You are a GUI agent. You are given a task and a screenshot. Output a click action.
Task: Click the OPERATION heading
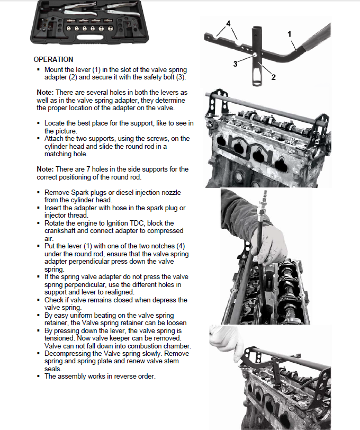coord(53,59)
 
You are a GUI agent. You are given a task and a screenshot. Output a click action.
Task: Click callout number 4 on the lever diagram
coord(228,24)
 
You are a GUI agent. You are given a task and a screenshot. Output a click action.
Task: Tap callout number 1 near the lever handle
coord(290,33)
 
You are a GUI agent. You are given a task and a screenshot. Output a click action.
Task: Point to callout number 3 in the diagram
coord(235,64)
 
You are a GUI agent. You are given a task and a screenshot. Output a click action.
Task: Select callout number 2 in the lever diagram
coord(273,77)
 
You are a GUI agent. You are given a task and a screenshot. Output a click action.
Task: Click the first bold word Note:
coord(45,92)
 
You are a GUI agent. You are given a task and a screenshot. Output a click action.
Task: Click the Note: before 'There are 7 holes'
coord(45,169)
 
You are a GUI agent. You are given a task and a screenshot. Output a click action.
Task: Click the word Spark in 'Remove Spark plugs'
coord(79,192)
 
